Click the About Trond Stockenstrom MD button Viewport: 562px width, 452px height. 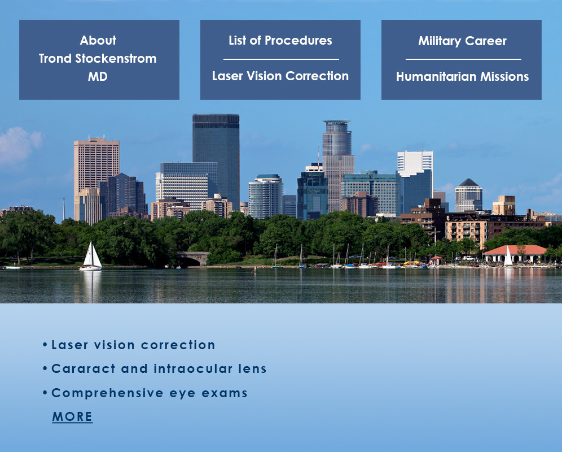99,59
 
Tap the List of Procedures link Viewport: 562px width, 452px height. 280,40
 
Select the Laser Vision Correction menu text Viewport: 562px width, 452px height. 280,76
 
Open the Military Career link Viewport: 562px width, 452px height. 462,41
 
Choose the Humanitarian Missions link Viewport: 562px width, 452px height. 462,76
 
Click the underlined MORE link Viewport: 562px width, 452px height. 72,416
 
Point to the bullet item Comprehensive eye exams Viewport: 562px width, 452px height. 145,393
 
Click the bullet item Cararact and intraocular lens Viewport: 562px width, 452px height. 155,369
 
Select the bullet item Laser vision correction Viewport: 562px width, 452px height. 129,345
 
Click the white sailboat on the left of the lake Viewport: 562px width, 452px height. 91,257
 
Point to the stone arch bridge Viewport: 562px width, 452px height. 192,258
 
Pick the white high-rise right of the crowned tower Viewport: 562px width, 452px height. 415,163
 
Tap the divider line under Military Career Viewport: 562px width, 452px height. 463,59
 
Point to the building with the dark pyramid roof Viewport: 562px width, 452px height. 468,195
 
